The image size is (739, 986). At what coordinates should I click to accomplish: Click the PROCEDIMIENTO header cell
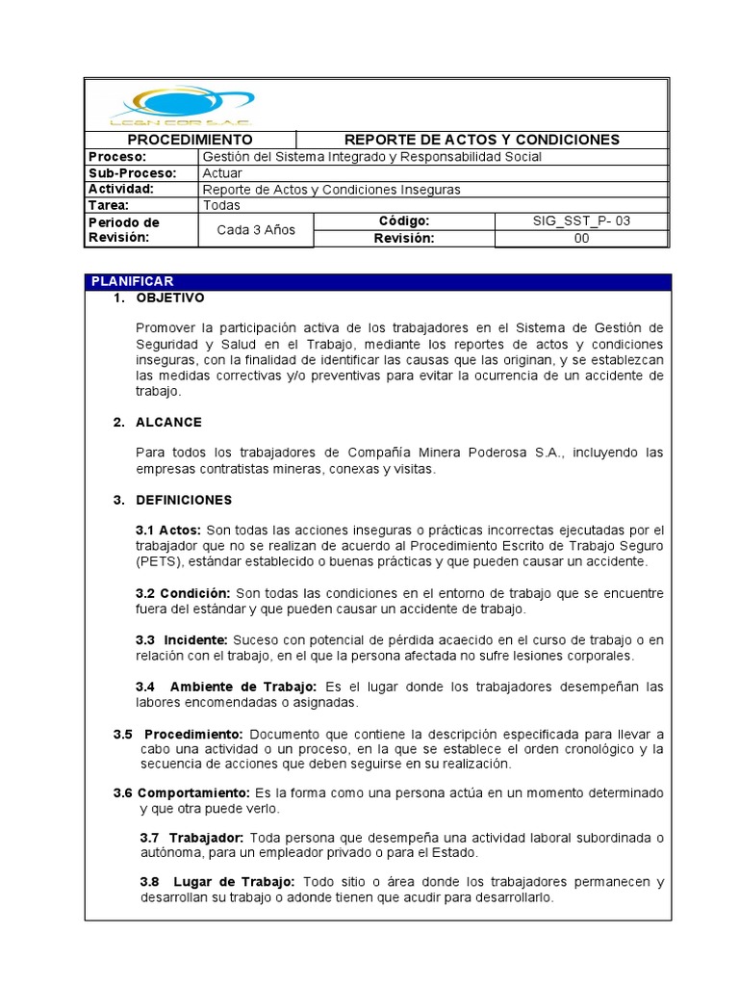tap(191, 140)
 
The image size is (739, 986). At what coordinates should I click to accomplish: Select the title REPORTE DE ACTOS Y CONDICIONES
tap(481, 140)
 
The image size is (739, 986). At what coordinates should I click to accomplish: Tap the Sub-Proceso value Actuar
tap(222, 173)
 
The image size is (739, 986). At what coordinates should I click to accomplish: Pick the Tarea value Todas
tap(221, 205)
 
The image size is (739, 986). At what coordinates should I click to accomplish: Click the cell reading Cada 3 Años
tap(256, 229)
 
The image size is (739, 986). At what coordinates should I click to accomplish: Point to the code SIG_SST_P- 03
tap(581, 221)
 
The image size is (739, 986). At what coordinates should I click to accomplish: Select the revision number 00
tap(581, 239)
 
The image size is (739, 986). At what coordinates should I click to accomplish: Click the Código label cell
tap(403, 221)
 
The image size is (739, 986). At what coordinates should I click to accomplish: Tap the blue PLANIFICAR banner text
tap(132, 281)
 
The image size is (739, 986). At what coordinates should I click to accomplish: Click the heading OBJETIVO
tap(170, 298)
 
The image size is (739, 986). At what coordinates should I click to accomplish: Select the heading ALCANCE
tap(168, 423)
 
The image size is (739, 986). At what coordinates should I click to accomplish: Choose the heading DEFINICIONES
tap(184, 501)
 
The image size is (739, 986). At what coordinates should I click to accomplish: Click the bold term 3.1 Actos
tap(168, 531)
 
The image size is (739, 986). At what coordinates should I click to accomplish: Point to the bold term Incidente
tap(195, 640)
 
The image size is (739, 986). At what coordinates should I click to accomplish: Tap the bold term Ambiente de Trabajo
tap(243, 687)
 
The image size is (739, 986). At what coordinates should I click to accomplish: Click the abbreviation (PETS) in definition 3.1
tap(156, 561)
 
